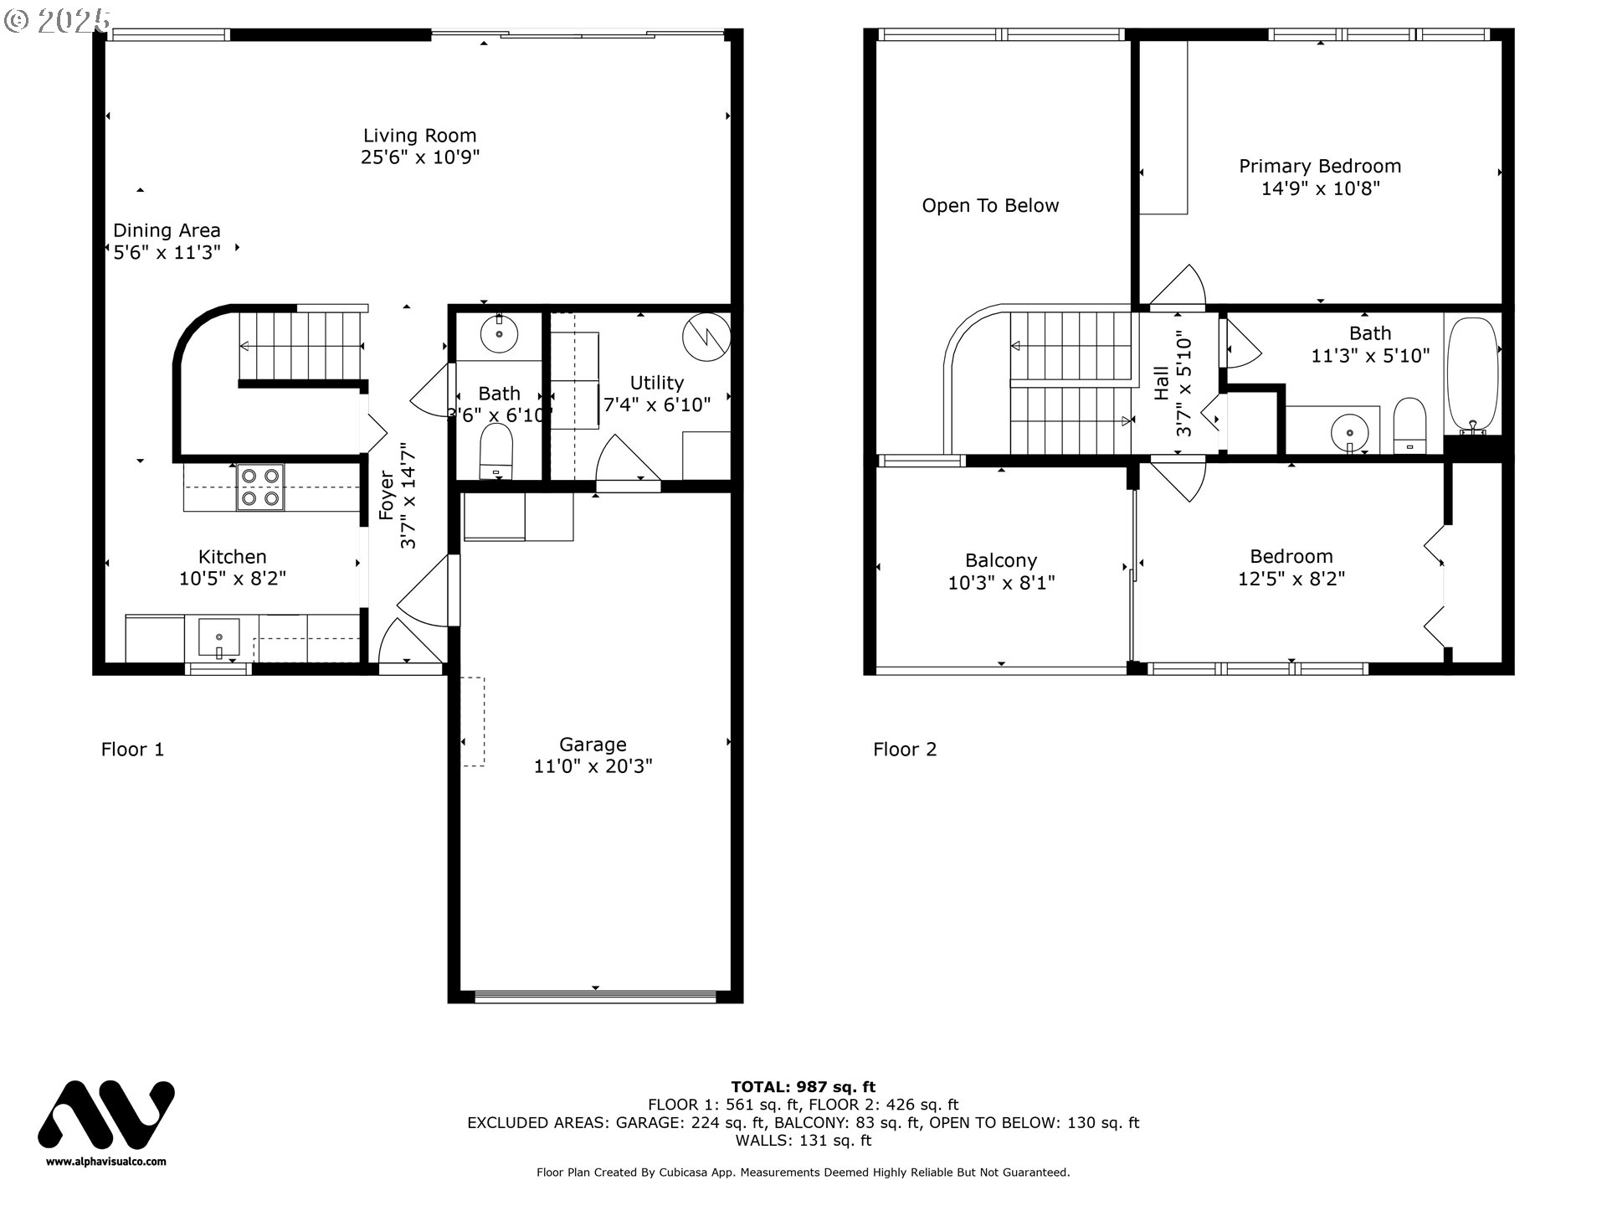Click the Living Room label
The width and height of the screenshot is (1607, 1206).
click(x=419, y=136)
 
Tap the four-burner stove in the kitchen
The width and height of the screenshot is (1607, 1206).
click(x=259, y=487)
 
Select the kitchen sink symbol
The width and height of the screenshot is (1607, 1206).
click(x=218, y=639)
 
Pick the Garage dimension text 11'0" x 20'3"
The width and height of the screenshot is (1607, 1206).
click(x=593, y=766)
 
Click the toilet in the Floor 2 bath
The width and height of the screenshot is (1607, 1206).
click(x=1410, y=426)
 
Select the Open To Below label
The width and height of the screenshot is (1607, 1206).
click(x=990, y=206)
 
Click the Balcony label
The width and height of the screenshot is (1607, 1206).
click(x=1000, y=560)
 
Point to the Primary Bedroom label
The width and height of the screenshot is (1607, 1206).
click(x=1320, y=167)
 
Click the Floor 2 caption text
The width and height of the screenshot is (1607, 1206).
click(x=905, y=750)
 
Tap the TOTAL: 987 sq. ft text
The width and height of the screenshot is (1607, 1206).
click(x=803, y=1087)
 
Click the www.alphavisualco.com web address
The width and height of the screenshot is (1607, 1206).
click(x=105, y=1162)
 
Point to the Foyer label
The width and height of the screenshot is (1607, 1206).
click(x=387, y=496)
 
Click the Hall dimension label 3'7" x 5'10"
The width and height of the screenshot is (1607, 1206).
click(x=1183, y=386)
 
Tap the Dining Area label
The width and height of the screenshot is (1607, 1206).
click(x=167, y=230)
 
